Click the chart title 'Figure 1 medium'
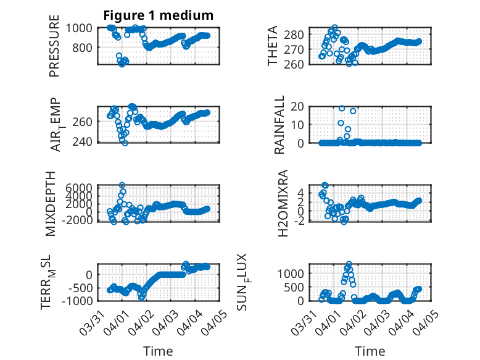pos(158,15)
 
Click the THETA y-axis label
pos(273,46)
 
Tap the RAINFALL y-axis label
pos(279,124)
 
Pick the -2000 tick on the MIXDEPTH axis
pos(77,220)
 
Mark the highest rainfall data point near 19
pos(342,108)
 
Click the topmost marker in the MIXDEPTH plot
pos(122,185)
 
